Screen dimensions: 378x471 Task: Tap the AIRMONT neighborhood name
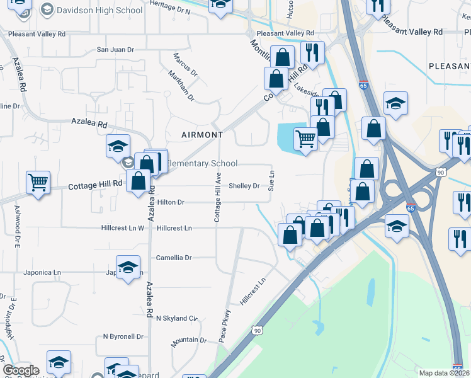[x=202, y=135]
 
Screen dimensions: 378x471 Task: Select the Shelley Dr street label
[x=244, y=186]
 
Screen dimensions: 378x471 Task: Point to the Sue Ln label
[x=272, y=180]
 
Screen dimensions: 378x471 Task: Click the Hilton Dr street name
[x=171, y=202]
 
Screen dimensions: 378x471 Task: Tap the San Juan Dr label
[x=115, y=49]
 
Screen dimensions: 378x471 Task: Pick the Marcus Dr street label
[x=185, y=63]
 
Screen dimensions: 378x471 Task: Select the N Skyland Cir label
[x=177, y=319]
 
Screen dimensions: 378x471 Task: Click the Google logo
[x=21, y=370]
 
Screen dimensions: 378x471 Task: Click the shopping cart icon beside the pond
[x=305, y=138]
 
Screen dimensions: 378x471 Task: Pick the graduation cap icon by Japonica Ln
[x=128, y=267]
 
